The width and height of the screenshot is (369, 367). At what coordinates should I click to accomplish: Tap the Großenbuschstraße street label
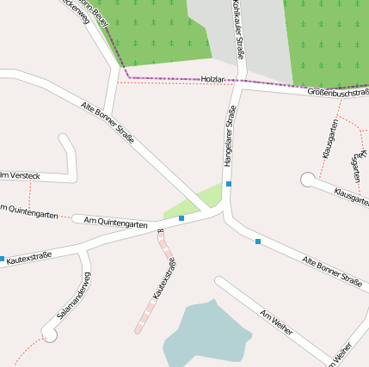338,91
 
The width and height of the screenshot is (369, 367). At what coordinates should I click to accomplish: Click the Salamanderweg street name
74,296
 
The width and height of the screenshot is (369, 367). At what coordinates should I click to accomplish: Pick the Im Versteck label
20,175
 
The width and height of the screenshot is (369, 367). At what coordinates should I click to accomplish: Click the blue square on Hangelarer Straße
229,184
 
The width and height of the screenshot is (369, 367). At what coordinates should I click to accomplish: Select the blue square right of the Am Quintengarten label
181,218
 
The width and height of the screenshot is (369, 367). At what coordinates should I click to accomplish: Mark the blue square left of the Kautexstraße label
2,258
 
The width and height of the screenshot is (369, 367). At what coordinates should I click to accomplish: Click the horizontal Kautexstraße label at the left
29,256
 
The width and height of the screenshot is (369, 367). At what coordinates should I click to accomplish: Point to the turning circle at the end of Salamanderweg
50,335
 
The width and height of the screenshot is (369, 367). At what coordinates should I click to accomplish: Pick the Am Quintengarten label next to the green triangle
117,222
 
